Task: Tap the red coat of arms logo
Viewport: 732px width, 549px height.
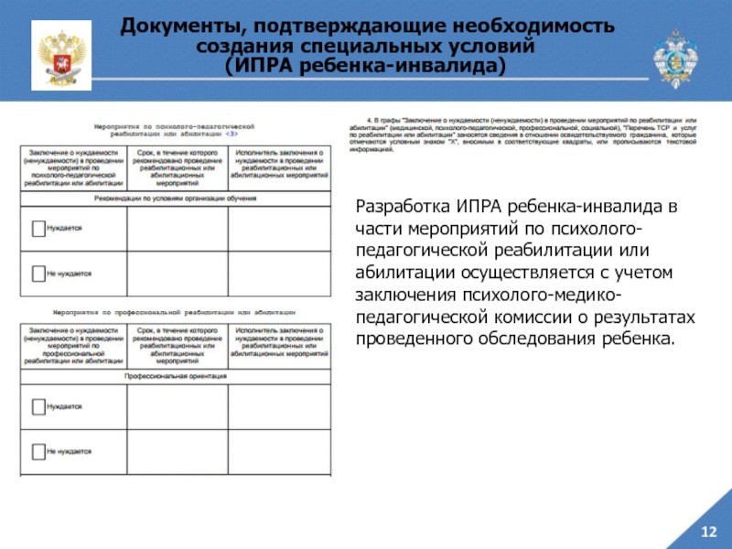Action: point(61,54)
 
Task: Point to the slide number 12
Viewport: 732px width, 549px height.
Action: point(707,532)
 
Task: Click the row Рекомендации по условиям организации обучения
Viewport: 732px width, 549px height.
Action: point(178,198)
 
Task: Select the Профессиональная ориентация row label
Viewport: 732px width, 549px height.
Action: point(178,375)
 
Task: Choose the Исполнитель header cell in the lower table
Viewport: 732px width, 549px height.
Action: point(280,346)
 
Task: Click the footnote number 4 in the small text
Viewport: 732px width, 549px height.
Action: point(369,119)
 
